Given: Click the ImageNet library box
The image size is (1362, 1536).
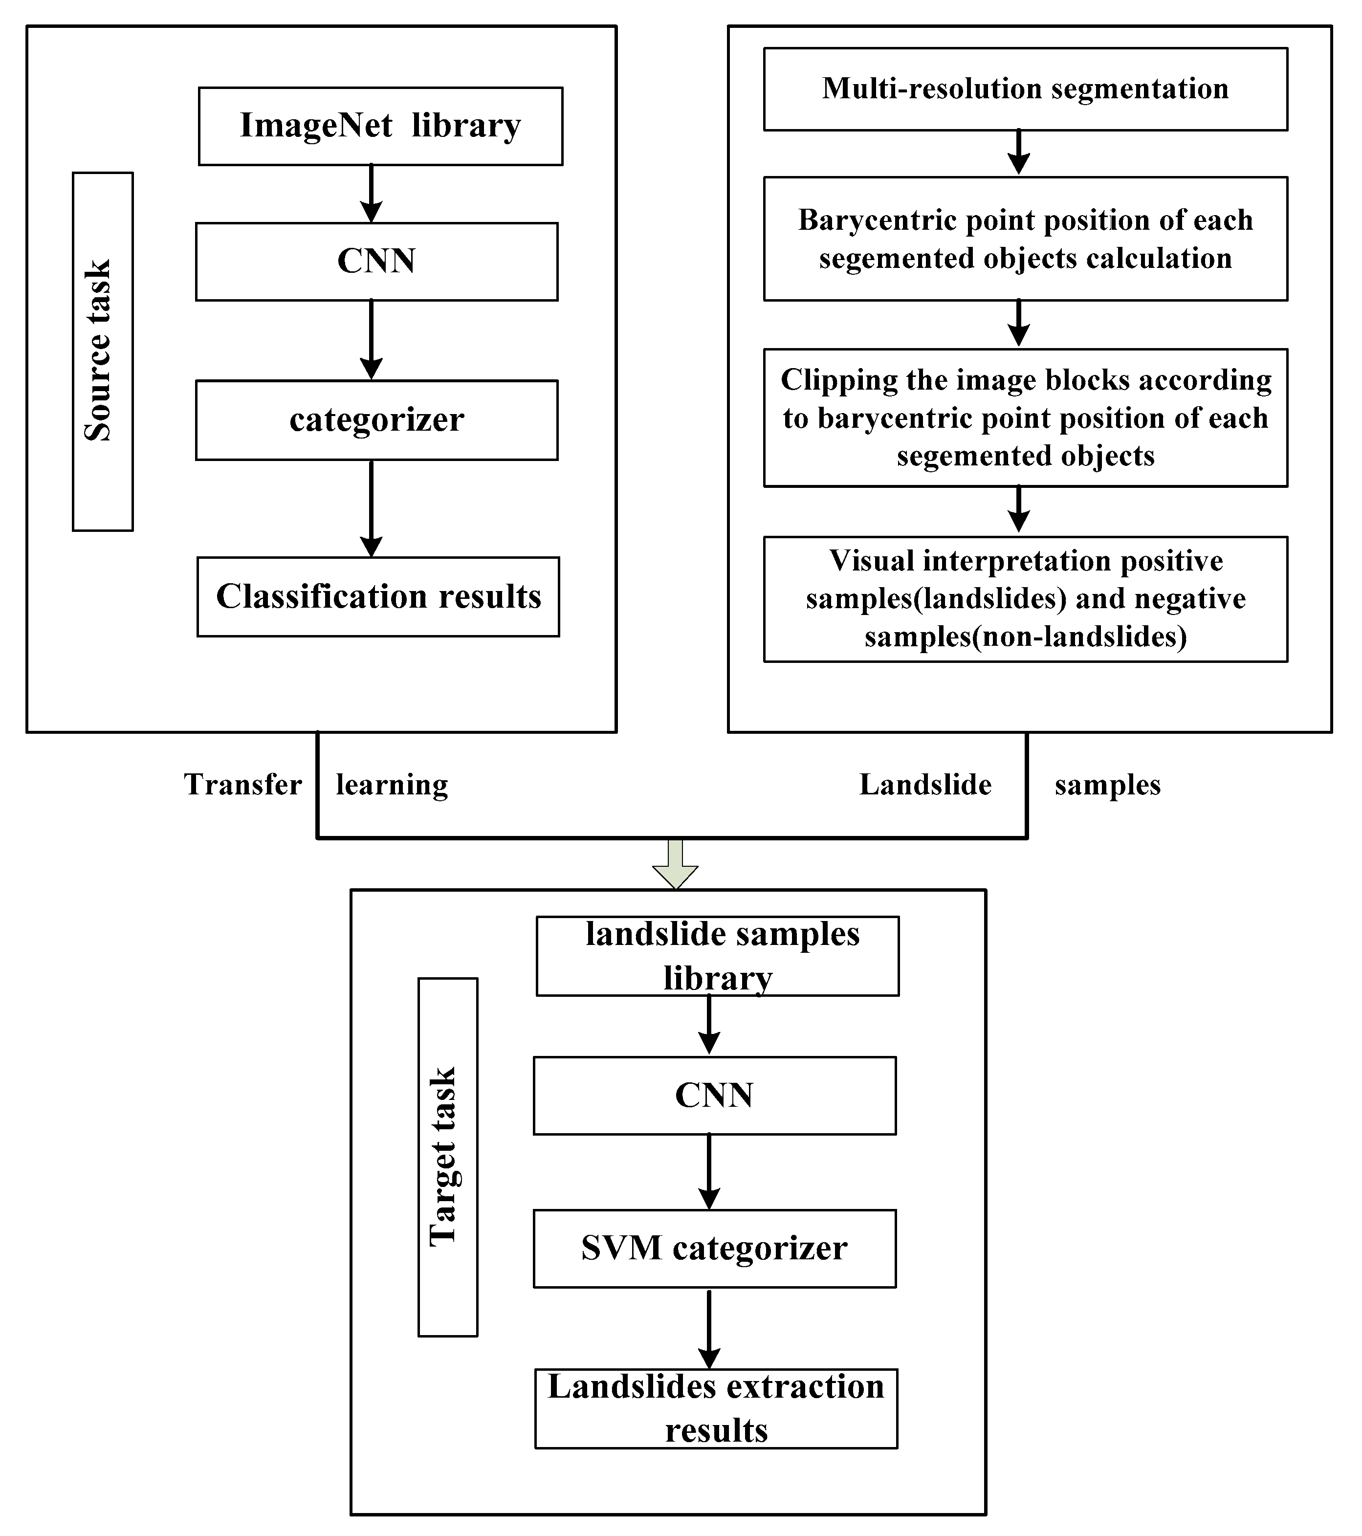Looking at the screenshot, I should [380, 126].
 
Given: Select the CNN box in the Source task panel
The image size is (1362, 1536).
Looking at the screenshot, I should [376, 262].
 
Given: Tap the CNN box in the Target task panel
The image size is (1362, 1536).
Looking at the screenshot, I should [714, 1096].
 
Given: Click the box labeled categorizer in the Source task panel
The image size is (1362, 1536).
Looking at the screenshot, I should [376, 420].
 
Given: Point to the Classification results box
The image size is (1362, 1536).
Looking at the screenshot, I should [378, 597].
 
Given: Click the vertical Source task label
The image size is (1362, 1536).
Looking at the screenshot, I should [102, 351].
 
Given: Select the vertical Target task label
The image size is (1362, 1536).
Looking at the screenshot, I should [447, 1157].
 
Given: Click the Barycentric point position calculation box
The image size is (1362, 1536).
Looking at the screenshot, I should [1025, 239].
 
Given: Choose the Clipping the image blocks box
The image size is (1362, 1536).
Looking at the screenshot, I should [1025, 418].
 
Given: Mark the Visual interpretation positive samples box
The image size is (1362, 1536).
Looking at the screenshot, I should [1025, 599].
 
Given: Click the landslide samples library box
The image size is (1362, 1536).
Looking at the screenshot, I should [717, 956].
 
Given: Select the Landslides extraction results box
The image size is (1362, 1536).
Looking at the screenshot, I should [716, 1409].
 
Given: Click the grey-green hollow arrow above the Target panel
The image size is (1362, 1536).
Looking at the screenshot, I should [675, 864].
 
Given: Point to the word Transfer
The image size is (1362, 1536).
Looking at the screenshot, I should [243, 785].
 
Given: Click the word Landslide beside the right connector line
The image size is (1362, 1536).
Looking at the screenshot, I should [925, 785].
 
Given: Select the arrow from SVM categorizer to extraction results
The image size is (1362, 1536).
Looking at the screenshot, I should [709, 1329].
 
